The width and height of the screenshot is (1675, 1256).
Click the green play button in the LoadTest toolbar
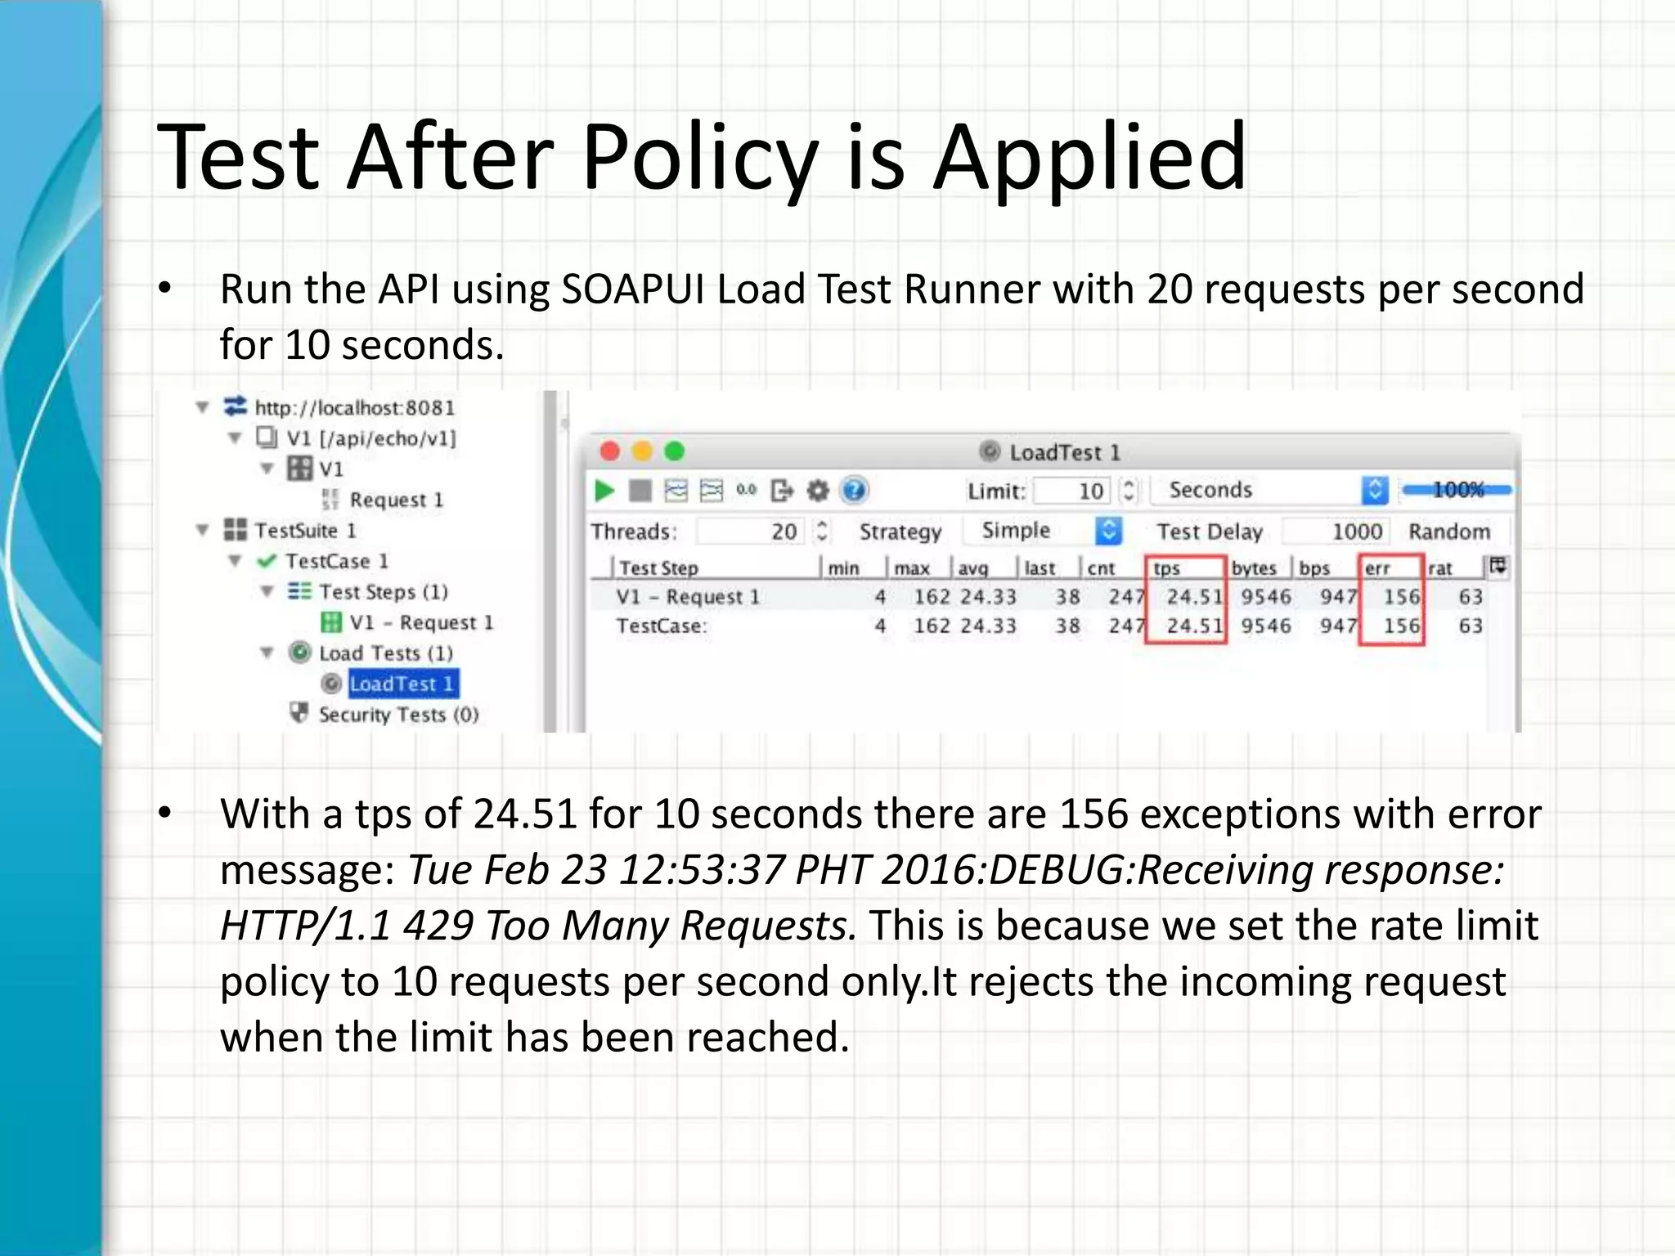click(604, 491)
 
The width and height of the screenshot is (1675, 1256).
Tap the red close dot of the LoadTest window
click(609, 451)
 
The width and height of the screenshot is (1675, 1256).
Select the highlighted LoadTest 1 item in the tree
click(402, 684)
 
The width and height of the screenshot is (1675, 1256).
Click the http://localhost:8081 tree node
click(353, 407)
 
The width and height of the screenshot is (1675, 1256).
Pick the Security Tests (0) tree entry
click(397, 715)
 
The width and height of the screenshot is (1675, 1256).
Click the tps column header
click(1167, 568)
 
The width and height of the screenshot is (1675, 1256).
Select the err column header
click(1377, 568)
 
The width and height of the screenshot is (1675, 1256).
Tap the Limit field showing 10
click(1073, 491)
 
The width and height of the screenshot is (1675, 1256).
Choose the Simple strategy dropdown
click(1042, 531)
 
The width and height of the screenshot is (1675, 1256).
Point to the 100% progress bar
click(1457, 490)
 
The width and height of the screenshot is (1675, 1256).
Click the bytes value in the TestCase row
click(1265, 626)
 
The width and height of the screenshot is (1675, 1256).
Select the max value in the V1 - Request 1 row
click(932, 597)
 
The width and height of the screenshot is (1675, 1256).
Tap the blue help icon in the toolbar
click(854, 491)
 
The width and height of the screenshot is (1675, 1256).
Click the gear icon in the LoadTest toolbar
click(818, 491)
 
